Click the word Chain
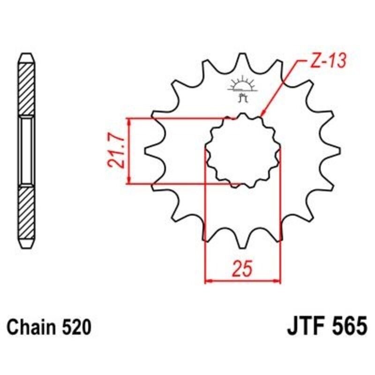pos(32,327)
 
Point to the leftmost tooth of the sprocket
pos(149,150)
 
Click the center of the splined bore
pos(242,150)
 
